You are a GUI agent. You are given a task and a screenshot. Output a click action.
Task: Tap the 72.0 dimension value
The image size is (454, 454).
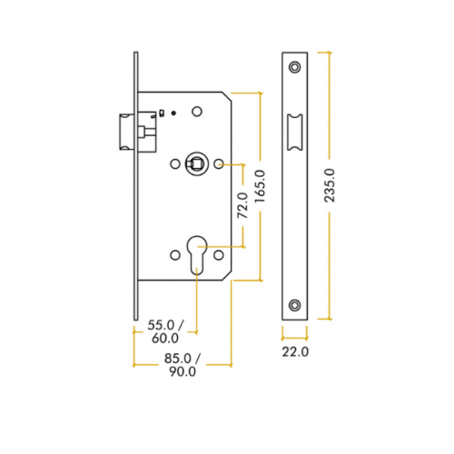pos(242,206)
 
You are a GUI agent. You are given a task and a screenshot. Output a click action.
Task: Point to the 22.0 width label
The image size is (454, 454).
pos(296,350)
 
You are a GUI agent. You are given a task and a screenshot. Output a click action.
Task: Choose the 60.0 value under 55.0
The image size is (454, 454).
pos(164,339)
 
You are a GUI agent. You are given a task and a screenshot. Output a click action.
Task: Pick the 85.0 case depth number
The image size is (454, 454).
pos(178,356)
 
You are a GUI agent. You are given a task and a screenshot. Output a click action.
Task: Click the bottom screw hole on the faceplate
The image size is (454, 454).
pos(296,304)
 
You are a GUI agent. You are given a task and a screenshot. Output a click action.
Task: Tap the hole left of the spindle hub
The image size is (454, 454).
pos(175,164)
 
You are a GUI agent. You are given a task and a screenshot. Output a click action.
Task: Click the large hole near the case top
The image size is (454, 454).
pos(196,112)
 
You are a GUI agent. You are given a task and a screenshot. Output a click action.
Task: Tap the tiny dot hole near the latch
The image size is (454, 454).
pos(173,112)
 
